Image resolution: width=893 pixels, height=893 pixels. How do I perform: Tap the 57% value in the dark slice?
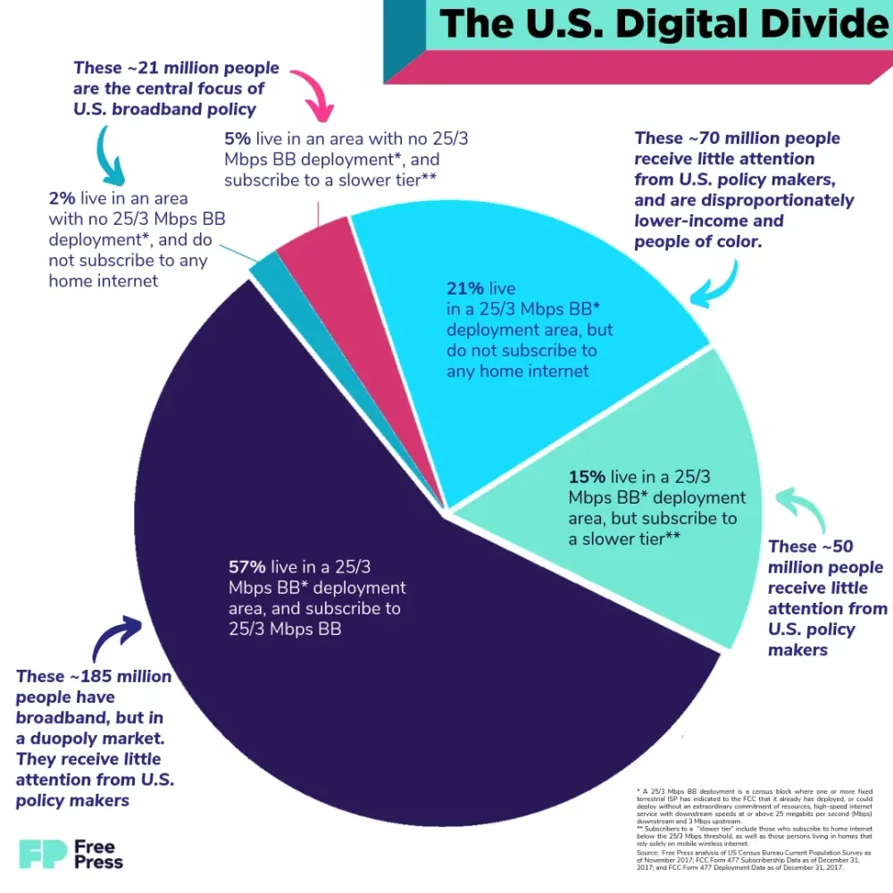tap(247, 567)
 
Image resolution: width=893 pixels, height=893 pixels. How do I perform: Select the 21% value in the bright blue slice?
tap(464, 288)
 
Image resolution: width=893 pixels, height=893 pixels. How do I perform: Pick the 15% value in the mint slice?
tap(587, 477)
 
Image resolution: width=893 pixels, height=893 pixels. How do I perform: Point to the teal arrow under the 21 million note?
tap(112, 156)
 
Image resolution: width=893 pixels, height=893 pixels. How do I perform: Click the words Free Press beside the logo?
tap(99, 854)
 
